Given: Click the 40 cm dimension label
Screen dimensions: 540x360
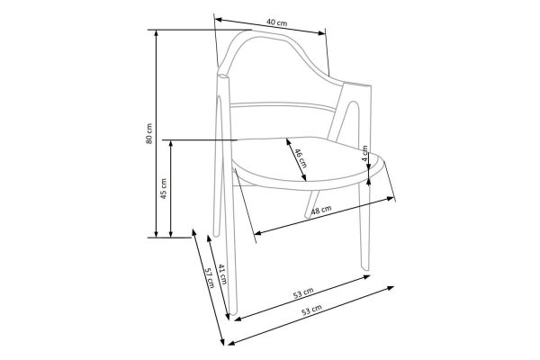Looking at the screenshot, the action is [276, 22].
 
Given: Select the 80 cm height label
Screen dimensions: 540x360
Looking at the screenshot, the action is [149, 133].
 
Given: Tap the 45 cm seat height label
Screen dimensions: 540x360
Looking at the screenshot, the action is [164, 188].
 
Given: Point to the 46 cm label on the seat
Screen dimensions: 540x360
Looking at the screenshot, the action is [300, 157].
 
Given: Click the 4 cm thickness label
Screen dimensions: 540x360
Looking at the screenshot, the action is [365, 153].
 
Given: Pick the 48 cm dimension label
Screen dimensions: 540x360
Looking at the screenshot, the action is [321, 210].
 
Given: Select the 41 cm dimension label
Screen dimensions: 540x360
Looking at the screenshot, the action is [223, 274].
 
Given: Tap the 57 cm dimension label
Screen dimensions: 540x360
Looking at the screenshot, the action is [210, 278].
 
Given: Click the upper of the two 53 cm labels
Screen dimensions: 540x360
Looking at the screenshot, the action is [303, 292].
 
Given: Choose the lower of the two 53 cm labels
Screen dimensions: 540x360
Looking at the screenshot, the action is [312, 310].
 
